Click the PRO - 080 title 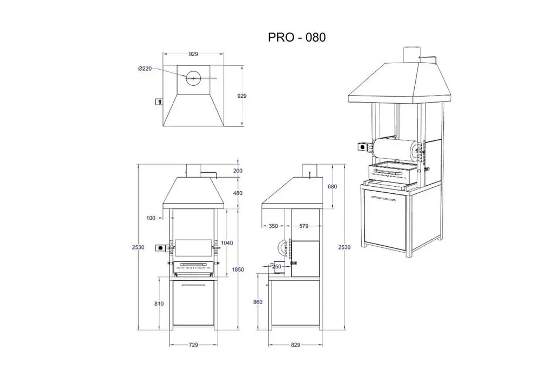(x=296, y=37)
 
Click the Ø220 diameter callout (x=145, y=69)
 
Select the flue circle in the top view (x=193, y=78)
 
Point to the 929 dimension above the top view (x=193, y=54)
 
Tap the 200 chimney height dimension (x=238, y=171)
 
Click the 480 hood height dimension (x=238, y=193)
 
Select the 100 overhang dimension (x=151, y=218)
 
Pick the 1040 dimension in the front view (x=227, y=243)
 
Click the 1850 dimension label (x=238, y=269)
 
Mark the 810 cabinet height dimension (x=159, y=304)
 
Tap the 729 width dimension (x=193, y=345)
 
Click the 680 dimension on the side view (x=332, y=187)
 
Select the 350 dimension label (x=273, y=226)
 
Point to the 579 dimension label (x=303, y=226)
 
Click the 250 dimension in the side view (x=277, y=267)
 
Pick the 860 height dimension (x=258, y=302)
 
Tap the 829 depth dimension (x=295, y=345)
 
